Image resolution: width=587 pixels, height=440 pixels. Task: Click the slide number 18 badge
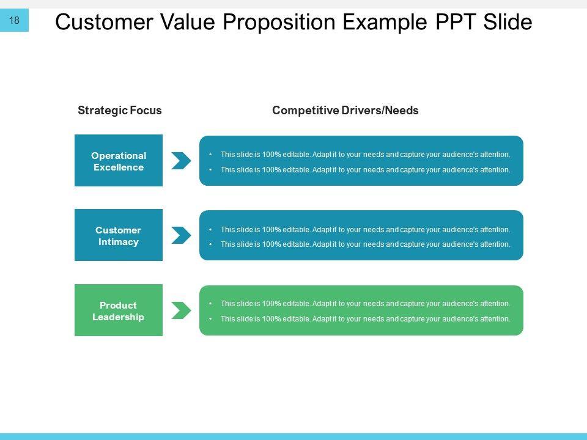click(15, 21)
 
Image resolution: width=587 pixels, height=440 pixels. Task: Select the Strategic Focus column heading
click(120, 111)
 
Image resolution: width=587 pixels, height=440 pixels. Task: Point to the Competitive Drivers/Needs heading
click(345, 111)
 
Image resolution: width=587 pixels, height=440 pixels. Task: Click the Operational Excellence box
click(119, 160)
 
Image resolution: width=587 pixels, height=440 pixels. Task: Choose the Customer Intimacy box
click(119, 235)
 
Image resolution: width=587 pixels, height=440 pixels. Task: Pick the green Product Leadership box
click(119, 310)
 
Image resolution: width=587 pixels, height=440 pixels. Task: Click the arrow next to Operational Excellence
click(181, 161)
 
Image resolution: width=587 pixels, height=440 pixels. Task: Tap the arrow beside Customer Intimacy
click(181, 235)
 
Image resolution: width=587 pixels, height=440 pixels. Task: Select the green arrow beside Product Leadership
click(181, 310)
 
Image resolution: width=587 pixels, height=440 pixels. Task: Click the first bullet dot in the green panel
click(210, 304)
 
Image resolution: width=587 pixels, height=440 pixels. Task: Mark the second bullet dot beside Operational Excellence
click(210, 170)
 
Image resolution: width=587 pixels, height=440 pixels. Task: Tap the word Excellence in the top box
click(119, 167)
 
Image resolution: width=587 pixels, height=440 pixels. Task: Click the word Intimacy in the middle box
click(119, 242)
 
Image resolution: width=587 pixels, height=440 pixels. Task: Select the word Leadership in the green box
click(119, 317)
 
